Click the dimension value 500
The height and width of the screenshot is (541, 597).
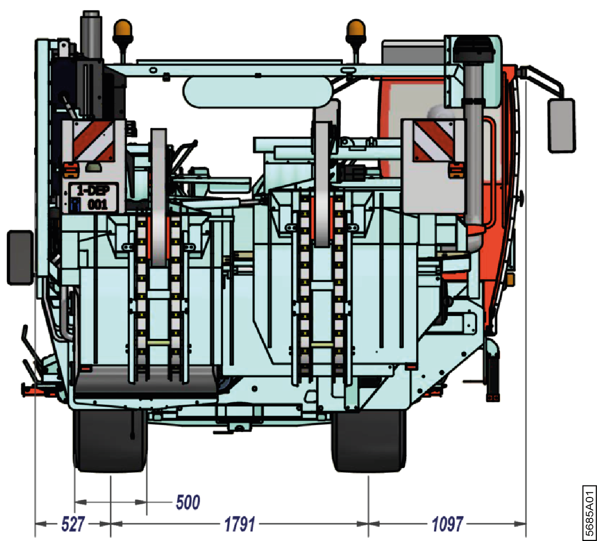coord(188,502)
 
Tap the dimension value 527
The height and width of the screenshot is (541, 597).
coord(73,524)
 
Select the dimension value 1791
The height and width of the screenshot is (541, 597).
coord(239,524)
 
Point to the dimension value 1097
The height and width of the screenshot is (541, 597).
coord(447,524)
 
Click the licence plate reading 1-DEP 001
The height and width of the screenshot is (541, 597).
coord(91,197)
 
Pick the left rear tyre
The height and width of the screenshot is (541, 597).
coord(110,441)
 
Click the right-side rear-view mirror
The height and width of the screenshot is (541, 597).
coord(561,125)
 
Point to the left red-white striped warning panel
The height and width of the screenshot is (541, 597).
coord(93,141)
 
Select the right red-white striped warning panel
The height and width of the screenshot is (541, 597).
coord(434,141)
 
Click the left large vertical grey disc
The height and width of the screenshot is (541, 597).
coord(159,198)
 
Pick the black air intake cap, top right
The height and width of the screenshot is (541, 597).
coord(476,49)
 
